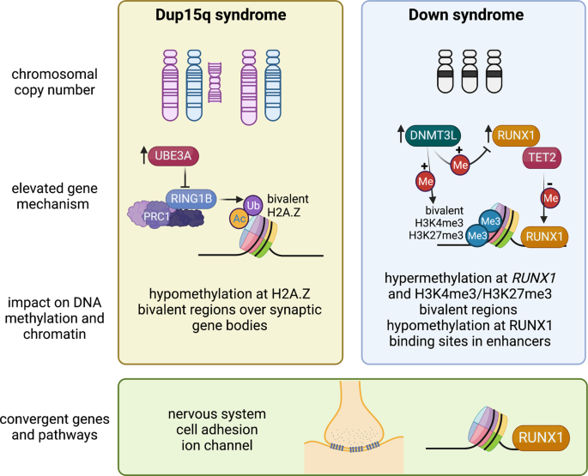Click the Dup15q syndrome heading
coord(221,15)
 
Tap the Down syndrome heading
coord(466,15)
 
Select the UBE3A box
coord(173,155)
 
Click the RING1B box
coord(191,198)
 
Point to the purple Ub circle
coord(253,205)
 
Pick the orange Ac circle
coord(239,219)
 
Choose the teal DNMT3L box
coord(433,135)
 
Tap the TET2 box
coord(542,157)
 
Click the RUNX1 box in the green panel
coord(541,437)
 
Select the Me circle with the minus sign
coord(550,197)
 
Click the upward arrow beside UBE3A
coord(143,155)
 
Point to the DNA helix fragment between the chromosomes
coord(215,82)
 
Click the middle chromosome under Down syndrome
coord(470,71)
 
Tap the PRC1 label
coord(156,217)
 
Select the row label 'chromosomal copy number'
coord(54,82)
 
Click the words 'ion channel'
coord(217,445)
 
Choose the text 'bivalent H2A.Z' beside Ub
coord(288,206)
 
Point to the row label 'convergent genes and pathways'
coord(55,427)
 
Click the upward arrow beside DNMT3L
coord(401,134)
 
